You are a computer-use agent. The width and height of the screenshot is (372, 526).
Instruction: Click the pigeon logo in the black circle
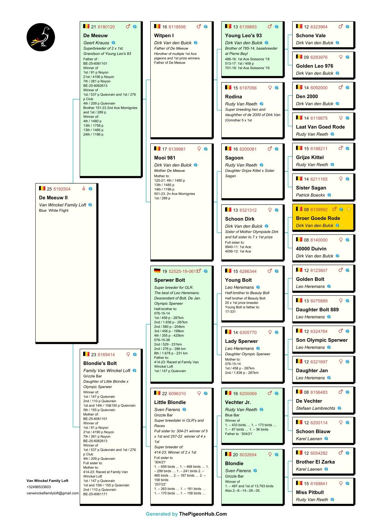[x=41, y=37]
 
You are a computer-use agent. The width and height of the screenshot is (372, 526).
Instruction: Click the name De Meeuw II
[x=53, y=198]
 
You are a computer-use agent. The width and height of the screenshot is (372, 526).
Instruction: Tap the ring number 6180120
[x=106, y=27]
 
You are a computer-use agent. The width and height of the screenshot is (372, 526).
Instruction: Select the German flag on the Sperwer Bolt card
[x=157, y=271]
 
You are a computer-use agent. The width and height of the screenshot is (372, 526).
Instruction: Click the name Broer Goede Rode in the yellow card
[x=318, y=218]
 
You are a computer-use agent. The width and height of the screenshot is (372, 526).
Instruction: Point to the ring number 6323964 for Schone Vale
[x=319, y=27]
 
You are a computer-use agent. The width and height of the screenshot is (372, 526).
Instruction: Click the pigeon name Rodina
[x=234, y=97]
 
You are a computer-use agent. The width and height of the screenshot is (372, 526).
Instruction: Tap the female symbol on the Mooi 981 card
[x=199, y=149]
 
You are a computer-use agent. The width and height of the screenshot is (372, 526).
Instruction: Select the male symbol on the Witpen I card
[x=199, y=27]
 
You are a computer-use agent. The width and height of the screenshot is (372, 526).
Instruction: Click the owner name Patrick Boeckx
[x=310, y=195]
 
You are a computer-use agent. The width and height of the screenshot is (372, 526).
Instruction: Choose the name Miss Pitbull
[x=310, y=492]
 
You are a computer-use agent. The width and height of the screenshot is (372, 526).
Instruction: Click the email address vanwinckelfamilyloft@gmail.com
[x=53, y=493]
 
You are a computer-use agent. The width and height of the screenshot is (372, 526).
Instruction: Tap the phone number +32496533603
[x=39, y=487]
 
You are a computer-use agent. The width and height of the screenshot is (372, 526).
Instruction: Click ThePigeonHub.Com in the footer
[x=203, y=514]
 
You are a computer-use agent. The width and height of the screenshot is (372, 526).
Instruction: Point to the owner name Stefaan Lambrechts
[x=315, y=408]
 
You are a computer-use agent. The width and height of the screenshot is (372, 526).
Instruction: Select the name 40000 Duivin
[x=311, y=249]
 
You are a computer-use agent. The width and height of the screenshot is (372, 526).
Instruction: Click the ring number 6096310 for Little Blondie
[x=177, y=393]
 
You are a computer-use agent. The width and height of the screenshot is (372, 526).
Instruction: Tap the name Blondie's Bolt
[x=100, y=363]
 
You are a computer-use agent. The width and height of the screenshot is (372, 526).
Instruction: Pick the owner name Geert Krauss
[x=96, y=43]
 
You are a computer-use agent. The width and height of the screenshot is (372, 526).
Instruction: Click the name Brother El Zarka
[x=315, y=462]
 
